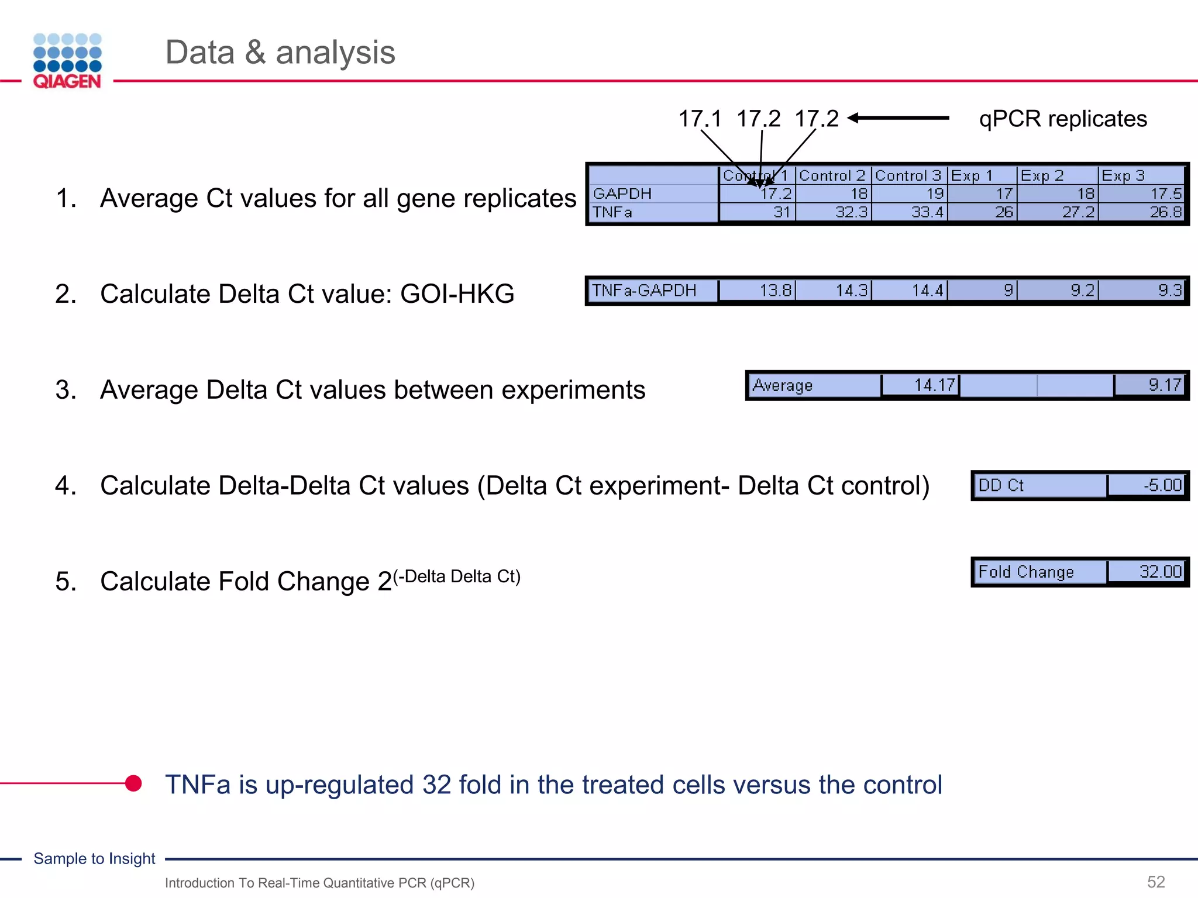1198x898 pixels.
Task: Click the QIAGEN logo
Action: click(x=67, y=61)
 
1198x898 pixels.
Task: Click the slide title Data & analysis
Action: click(x=280, y=52)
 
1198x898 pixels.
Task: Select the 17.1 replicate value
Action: click(x=700, y=119)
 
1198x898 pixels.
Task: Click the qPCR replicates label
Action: click(x=1062, y=119)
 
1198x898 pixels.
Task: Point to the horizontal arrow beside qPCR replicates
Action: click(x=898, y=118)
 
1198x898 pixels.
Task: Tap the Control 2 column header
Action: click(x=832, y=175)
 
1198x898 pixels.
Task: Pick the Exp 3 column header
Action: click(x=1123, y=175)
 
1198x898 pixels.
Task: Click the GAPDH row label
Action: click(x=622, y=194)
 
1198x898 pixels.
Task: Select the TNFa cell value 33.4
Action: click(x=927, y=212)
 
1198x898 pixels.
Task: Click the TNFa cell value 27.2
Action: click(x=1078, y=212)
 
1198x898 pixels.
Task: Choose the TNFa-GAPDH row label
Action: click(x=644, y=291)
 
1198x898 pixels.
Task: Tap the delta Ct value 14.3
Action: click(x=851, y=291)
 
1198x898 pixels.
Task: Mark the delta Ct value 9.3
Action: click(x=1169, y=291)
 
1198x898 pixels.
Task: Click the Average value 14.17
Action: click(x=934, y=385)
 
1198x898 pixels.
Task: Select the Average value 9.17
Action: click(x=1164, y=385)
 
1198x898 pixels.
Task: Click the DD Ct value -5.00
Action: click(x=1162, y=485)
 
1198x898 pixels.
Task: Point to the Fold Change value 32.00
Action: click(x=1160, y=572)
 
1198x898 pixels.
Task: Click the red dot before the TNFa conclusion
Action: click(x=134, y=783)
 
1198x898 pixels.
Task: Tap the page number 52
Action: click(x=1156, y=882)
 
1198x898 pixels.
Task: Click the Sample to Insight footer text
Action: click(x=94, y=858)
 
